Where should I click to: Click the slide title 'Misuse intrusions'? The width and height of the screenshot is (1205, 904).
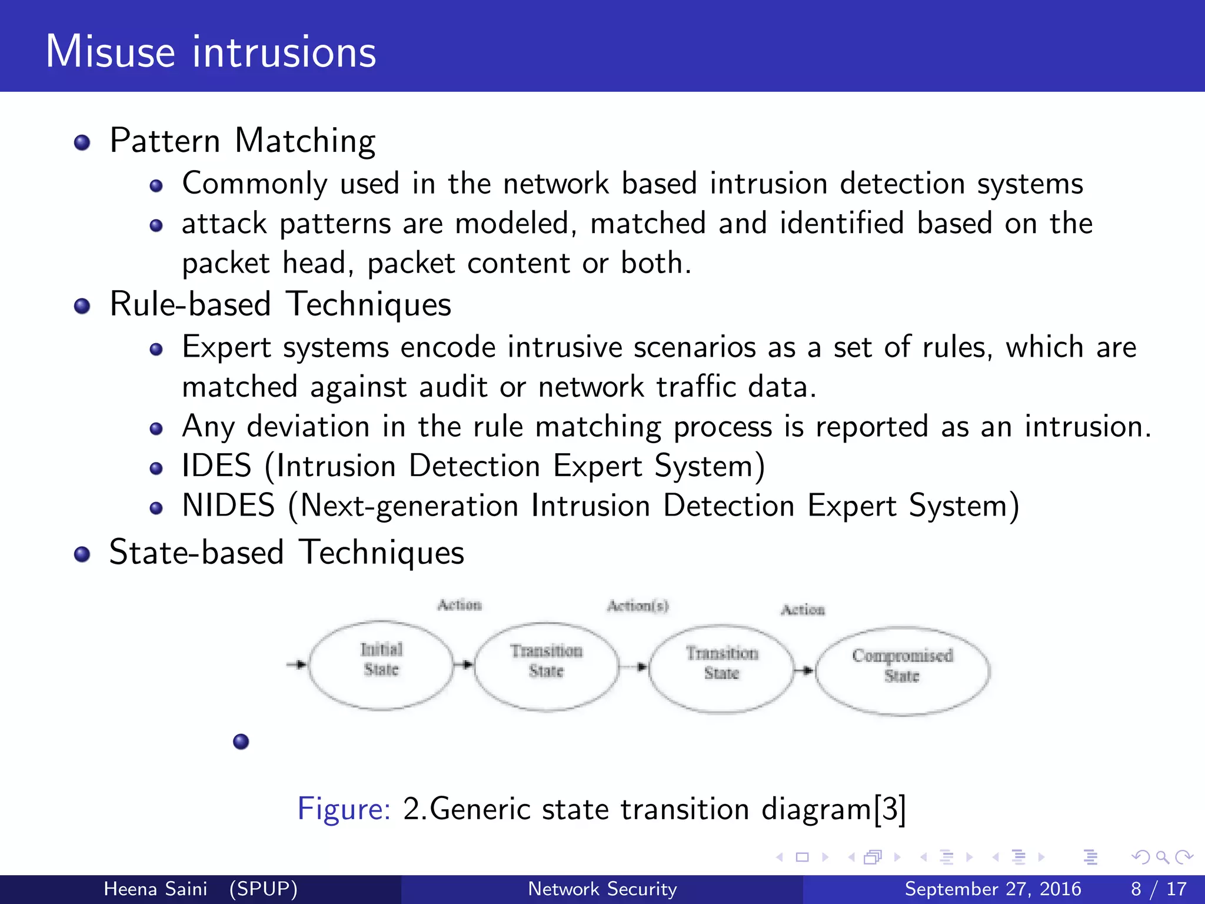(x=211, y=52)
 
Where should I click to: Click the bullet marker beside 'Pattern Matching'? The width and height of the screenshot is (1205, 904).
(x=82, y=143)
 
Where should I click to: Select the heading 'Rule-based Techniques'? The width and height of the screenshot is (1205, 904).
(x=280, y=305)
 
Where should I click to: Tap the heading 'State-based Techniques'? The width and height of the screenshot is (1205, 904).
(x=287, y=553)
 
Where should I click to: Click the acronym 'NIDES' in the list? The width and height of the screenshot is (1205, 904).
(x=228, y=506)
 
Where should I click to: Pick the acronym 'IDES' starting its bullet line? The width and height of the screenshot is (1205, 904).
(x=217, y=466)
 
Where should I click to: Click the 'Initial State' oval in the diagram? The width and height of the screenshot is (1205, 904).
(x=381, y=665)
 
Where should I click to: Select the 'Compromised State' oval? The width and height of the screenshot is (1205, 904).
(x=902, y=671)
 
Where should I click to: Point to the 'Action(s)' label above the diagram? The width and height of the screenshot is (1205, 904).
(x=638, y=606)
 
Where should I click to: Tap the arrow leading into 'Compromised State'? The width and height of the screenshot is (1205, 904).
(x=804, y=670)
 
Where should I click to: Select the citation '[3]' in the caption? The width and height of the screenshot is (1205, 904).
(x=890, y=809)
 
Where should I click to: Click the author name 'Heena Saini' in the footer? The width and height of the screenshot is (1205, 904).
(x=155, y=889)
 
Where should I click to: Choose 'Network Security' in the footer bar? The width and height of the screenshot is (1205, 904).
(x=602, y=889)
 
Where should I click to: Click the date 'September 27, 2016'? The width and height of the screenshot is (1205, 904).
(x=993, y=889)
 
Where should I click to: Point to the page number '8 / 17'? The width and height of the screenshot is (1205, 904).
(x=1159, y=889)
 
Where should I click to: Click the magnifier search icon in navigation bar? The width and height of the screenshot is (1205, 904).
(x=1162, y=858)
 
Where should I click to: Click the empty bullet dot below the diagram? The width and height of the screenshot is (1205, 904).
(x=241, y=742)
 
